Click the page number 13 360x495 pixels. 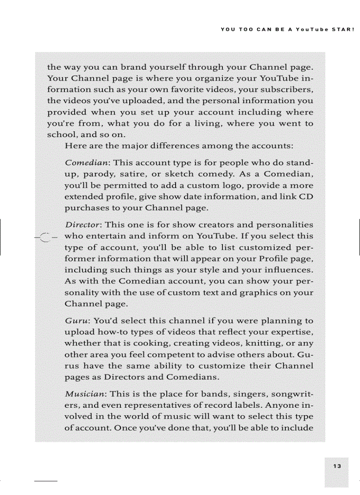(337, 466)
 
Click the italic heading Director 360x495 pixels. (83, 225)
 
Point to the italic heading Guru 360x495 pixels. (75, 320)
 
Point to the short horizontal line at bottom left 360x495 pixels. (46, 480)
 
